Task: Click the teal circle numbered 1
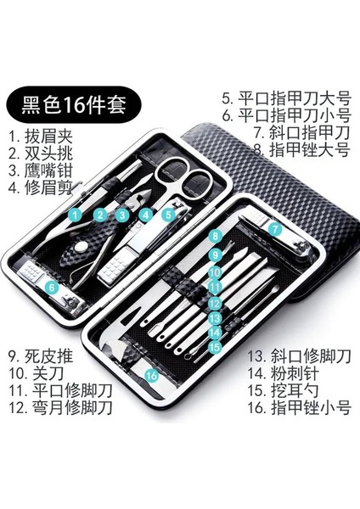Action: (x=76, y=215)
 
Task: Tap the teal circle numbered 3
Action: (x=122, y=215)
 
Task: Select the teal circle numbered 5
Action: (x=168, y=215)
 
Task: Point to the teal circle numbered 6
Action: (x=53, y=287)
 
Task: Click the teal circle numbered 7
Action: (x=275, y=229)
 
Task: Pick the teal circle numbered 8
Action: (x=216, y=236)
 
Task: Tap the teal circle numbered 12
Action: (x=215, y=304)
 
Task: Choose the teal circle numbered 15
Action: (x=215, y=347)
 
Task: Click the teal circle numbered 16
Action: (x=152, y=376)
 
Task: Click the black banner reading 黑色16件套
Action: (x=74, y=104)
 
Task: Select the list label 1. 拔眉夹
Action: (x=41, y=136)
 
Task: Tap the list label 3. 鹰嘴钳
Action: (x=41, y=171)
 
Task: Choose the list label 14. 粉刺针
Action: (x=284, y=373)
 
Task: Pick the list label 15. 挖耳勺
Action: (x=284, y=390)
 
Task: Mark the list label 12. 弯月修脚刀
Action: (x=60, y=407)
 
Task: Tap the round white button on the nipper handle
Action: (x=80, y=249)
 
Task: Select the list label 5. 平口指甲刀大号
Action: (x=287, y=98)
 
